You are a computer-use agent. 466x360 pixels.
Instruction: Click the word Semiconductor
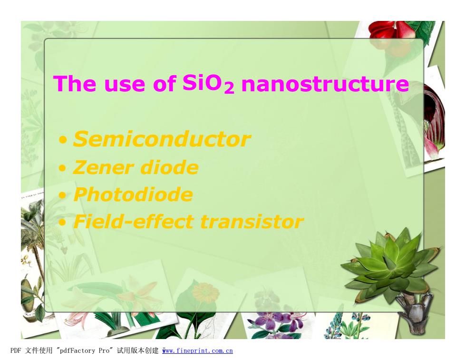162,139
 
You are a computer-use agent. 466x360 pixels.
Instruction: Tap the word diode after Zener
169,167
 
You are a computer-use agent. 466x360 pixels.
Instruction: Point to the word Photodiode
133,195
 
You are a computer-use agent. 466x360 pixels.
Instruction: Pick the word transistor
252,222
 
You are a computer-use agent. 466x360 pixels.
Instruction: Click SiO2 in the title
208,84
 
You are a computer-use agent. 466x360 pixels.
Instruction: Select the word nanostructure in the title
325,84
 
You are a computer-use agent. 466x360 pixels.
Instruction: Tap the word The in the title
75,84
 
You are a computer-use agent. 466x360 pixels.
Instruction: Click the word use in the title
125,85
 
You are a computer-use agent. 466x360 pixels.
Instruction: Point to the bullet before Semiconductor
63,140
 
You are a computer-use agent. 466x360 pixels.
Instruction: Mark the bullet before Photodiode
62,195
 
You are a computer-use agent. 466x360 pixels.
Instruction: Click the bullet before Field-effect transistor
62,223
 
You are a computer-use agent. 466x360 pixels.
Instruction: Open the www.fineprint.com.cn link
197,351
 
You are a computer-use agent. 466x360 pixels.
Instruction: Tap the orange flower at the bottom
204,292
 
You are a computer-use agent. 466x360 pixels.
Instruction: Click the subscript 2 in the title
229,88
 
